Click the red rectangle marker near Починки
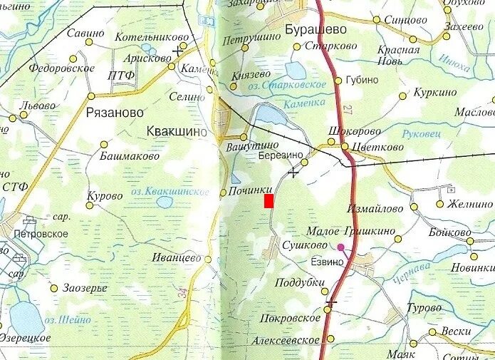(x=269, y=201)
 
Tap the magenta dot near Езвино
(x=340, y=248)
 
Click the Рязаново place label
(x=114, y=113)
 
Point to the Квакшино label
(x=176, y=131)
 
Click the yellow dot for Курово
(x=90, y=206)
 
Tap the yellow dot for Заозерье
(x=54, y=288)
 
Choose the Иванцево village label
(x=177, y=258)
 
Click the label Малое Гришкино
(x=350, y=230)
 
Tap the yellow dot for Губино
(x=338, y=80)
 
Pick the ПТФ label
(x=120, y=76)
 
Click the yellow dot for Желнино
(x=439, y=204)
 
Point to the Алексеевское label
(x=285, y=341)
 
